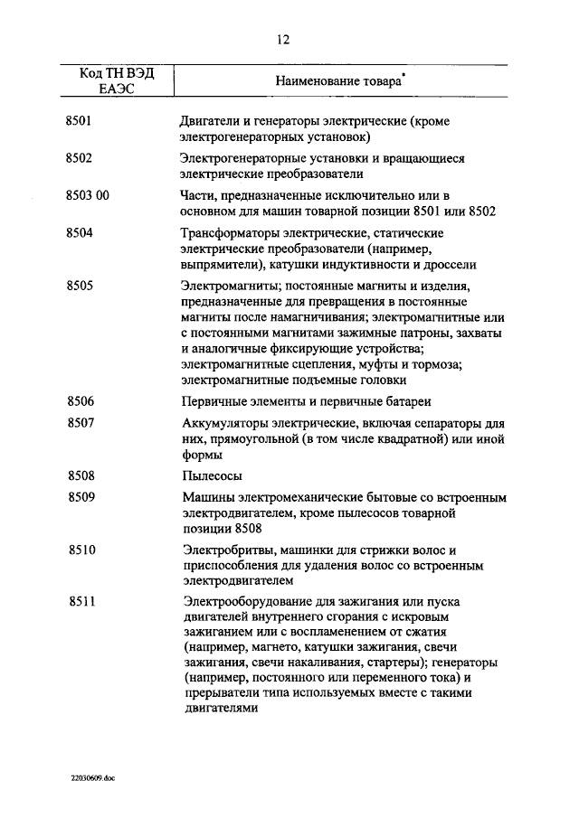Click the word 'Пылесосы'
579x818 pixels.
211,475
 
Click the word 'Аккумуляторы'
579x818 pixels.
224,423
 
